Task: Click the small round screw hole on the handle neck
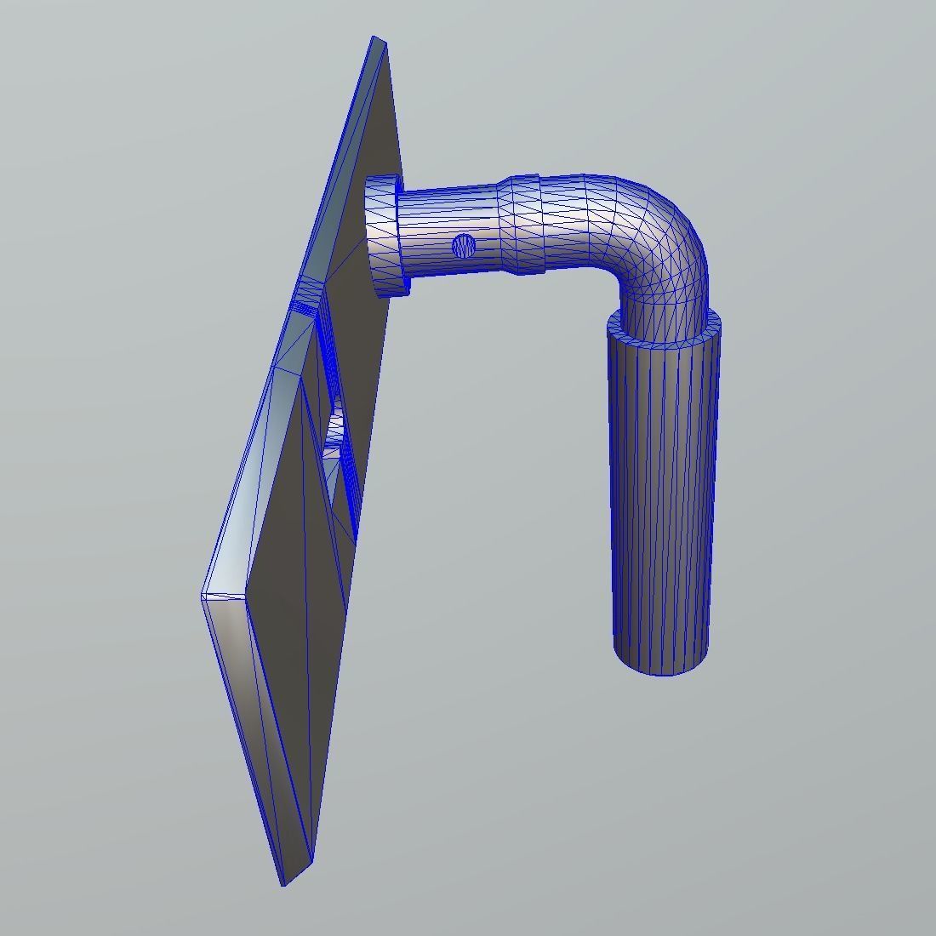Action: coord(464,246)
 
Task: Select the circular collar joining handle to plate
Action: coord(384,234)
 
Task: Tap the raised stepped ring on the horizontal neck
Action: coord(521,225)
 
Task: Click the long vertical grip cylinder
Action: coord(661,494)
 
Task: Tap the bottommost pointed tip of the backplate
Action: coord(284,882)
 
